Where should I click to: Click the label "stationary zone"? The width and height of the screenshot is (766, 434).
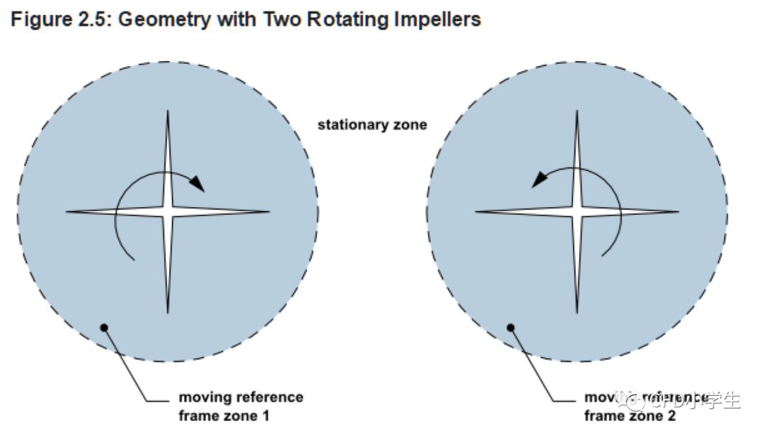(372, 125)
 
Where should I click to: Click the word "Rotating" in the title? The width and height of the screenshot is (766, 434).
(345, 19)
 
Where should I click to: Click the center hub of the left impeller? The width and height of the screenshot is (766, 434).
(167, 211)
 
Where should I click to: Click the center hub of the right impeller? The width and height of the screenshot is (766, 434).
(577, 211)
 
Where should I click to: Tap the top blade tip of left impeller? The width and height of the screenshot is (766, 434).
(167, 111)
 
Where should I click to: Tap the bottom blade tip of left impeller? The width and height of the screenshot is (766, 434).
(167, 311)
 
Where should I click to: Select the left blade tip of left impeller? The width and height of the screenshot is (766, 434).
(68, 211)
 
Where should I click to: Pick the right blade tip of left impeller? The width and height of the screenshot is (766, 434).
(269, 211)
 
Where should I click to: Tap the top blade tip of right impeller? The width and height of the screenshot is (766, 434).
(577, 111)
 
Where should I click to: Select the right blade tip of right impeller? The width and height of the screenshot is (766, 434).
(678, 211)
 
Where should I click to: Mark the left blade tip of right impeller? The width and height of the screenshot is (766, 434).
(477, 211)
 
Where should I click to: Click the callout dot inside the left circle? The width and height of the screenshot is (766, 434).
(104, 327)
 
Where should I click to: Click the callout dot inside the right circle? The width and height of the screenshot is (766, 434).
(510, 327)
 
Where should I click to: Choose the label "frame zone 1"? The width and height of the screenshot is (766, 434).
(224, 416)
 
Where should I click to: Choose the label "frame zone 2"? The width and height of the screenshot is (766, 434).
(630, 416)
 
